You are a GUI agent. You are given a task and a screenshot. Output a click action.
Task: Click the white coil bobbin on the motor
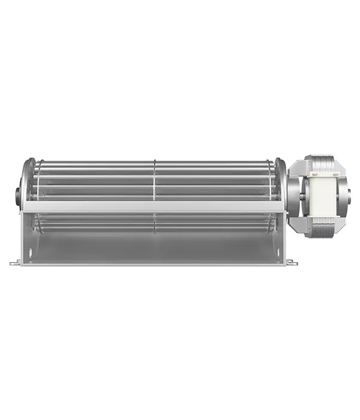[x=320, y=197]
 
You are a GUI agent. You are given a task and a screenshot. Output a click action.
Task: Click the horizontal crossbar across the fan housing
[x=150, y=207]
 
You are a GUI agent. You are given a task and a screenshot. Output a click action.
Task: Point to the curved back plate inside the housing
[x=150, y=243]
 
